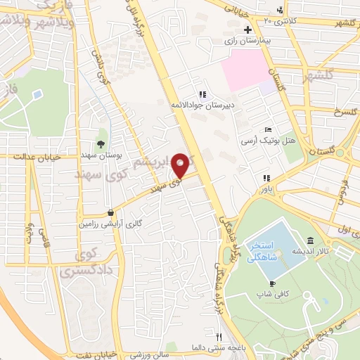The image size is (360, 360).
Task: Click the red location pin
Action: [181, 165]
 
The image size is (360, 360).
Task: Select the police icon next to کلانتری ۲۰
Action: [281, 10]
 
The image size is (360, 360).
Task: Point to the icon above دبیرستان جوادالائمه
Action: [202, 94]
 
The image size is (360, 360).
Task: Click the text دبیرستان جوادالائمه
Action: [202, 105]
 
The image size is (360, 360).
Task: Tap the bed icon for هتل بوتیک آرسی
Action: [267, 130]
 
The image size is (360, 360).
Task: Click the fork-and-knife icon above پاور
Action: [266, 179]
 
